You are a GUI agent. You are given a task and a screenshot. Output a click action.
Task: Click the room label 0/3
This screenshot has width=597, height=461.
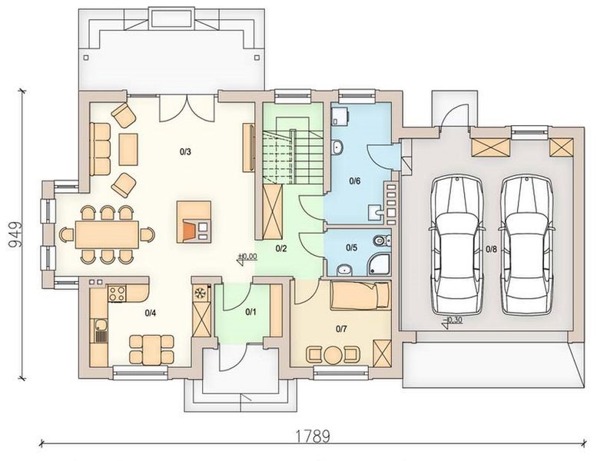(x=185, y=151)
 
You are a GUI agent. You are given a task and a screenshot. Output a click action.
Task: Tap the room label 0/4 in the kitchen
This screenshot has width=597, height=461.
(x=151, y=313)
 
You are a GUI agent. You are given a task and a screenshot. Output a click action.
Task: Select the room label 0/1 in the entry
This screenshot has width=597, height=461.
(x=250, y=312)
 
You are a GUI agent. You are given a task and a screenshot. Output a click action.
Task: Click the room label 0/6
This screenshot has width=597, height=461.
(x=354, y=181)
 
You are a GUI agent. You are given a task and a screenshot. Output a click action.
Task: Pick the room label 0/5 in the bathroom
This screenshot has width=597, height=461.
(x=351, y=247)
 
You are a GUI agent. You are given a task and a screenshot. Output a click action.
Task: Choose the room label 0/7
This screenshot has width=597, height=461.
(x=342, y=329)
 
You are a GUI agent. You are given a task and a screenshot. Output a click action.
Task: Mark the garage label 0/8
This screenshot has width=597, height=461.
(x=492, y=248)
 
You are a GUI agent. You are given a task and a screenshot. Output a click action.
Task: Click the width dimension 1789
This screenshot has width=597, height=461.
(x=311, y=436)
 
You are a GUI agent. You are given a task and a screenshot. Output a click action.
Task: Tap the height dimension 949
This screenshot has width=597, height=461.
(x=13, y=235)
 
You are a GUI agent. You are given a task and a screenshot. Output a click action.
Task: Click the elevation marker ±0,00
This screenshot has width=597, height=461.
(x=247, y=257)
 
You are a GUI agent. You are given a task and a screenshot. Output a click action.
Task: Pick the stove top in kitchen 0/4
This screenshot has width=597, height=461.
(x=118, y=292)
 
